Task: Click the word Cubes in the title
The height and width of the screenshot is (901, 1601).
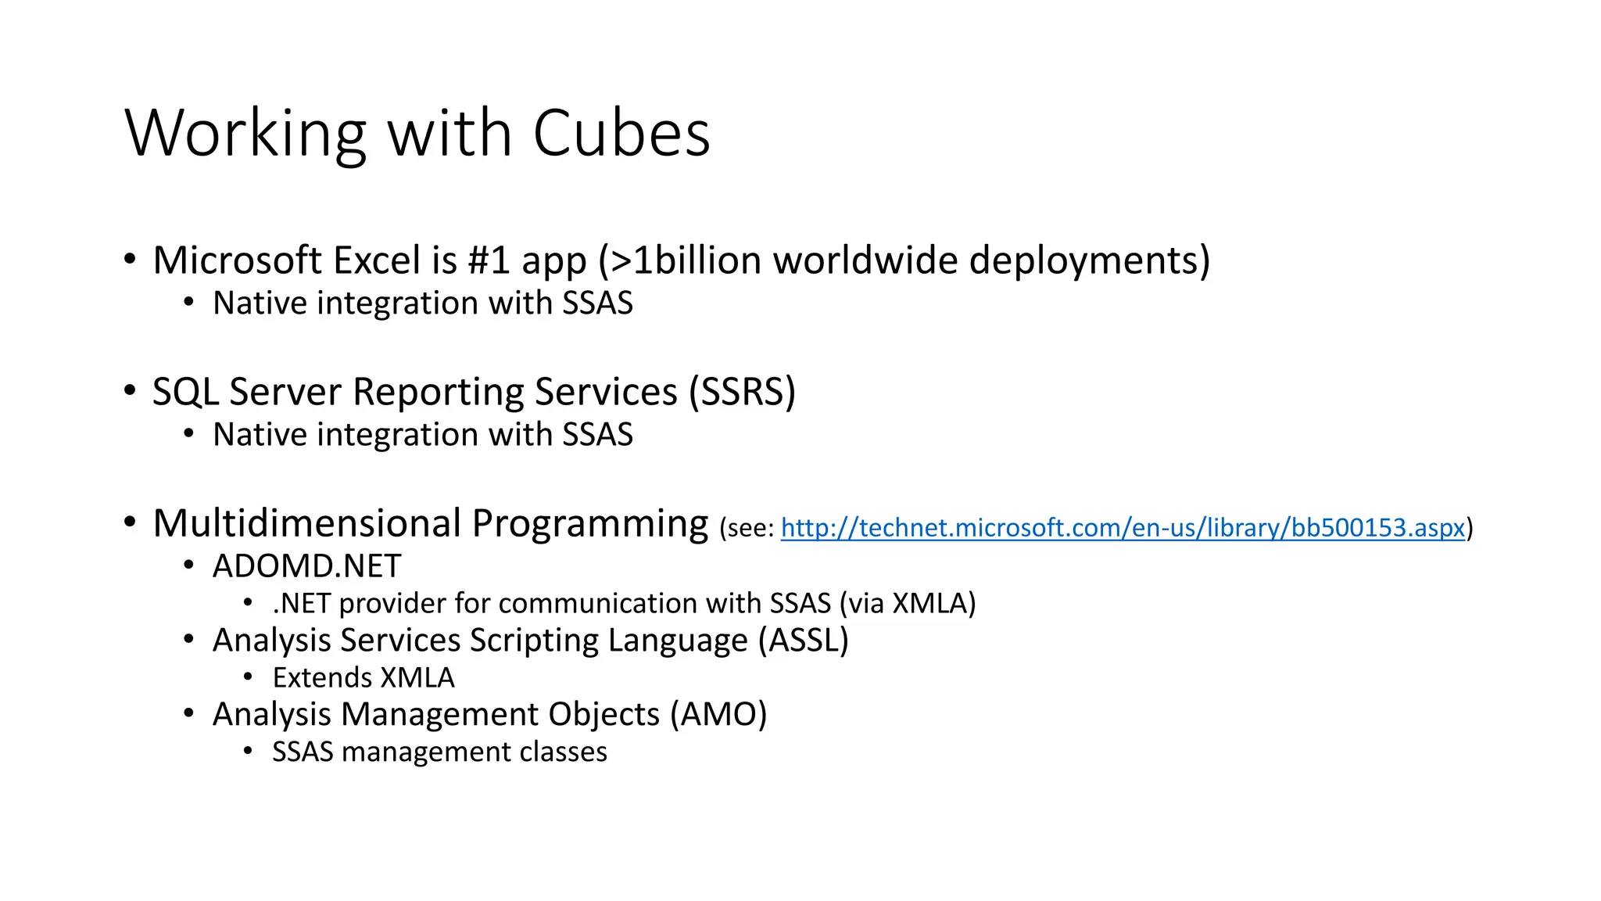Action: [x=621, y=133]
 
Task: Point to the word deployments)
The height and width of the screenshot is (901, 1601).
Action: [x=1089, y=260]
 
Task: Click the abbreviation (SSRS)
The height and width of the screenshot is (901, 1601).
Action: [x=742, y=392]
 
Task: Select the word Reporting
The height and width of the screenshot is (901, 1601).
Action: [x=438, y=392]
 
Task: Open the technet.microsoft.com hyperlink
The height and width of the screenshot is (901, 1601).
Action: [x=1123, y=528]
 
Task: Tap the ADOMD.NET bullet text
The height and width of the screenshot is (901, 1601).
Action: [x=306, y=566]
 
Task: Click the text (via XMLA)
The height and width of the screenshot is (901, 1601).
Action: [x=908, y=604]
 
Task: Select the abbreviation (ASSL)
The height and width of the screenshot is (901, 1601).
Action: [x=803, y=641]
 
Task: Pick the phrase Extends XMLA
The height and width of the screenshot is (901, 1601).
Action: [x=363, y=678]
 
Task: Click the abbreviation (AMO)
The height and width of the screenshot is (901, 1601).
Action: [x=718, y=715]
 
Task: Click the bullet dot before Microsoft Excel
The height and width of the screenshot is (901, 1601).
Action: [x=130, y=259]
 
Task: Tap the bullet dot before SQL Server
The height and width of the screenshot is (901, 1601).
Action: [x=130, y=390]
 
